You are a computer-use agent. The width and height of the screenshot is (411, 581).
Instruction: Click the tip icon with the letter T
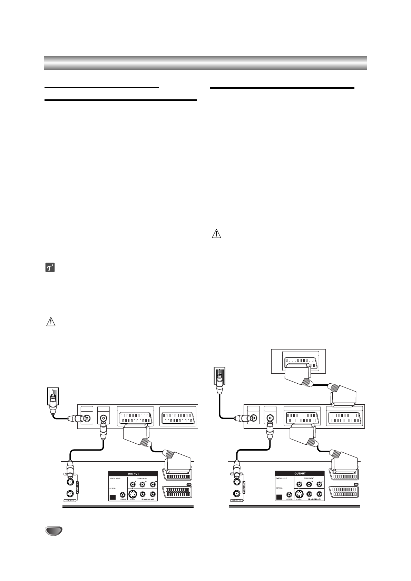[x=51, y=268]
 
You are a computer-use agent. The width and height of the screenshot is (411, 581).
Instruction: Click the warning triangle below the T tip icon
[x=51, y=322]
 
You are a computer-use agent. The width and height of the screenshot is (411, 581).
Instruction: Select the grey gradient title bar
[x=205, y=62]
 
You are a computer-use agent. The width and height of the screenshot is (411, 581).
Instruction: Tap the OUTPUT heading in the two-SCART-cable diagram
[x=300, y=473]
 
